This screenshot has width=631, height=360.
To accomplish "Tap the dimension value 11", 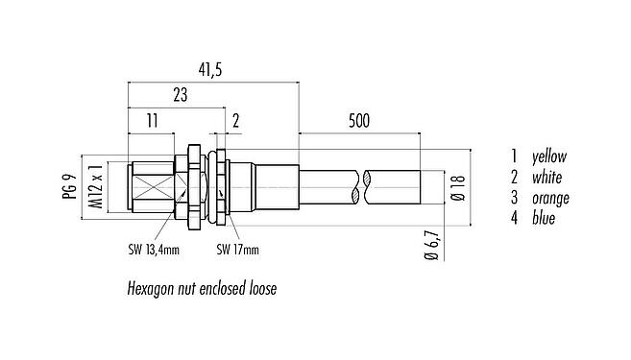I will coord(151,121).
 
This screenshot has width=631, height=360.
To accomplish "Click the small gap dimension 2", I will coord(234,121).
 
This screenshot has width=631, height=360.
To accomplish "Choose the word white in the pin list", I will coord(546,177).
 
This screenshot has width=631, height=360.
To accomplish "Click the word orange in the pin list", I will coord(549,199).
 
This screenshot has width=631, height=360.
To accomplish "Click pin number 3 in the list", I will coord(515,199).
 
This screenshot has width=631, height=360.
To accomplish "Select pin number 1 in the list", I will coord(515,156).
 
